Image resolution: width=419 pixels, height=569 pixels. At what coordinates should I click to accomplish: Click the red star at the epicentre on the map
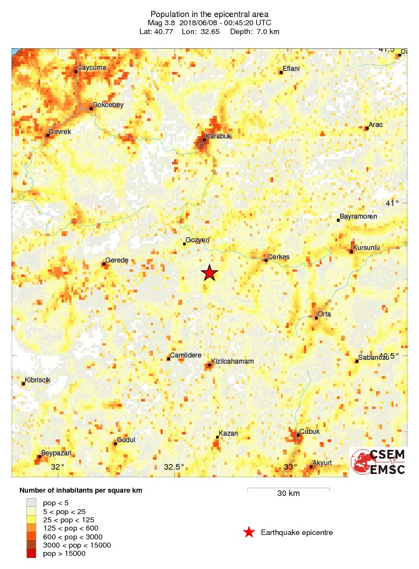(x=209, y=272)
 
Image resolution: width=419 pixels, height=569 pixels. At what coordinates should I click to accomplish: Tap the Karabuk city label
(x=217, y=136)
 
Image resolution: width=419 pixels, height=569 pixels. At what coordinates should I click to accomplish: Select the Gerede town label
(x=117, y=260)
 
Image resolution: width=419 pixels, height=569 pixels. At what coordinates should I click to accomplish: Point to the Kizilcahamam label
(x=233, y=361)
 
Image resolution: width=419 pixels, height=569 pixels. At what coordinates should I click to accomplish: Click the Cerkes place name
(x=279, y=257)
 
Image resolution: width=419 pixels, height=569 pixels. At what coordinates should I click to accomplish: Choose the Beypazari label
(x=58, y=453)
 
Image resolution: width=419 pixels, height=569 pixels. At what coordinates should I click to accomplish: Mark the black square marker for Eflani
(x=281, y=72)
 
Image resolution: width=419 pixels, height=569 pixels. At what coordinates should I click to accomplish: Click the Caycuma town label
(x=91, y=68)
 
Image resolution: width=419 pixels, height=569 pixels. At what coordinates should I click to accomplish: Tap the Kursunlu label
(x=366, y=248)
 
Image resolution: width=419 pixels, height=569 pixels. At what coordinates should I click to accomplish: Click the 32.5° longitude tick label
(x=174, y=467)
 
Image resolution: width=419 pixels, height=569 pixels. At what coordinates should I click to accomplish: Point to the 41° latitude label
(x=393, y=203)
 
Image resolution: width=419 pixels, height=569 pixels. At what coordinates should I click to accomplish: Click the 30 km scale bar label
(x=288, y=493)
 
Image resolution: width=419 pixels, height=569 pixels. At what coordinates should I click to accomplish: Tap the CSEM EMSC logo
(x=379, y=462)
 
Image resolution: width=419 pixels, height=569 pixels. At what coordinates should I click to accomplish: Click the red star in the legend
(x=249, y=532)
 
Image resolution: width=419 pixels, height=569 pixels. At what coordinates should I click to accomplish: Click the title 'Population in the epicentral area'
(x=209, y=13)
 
